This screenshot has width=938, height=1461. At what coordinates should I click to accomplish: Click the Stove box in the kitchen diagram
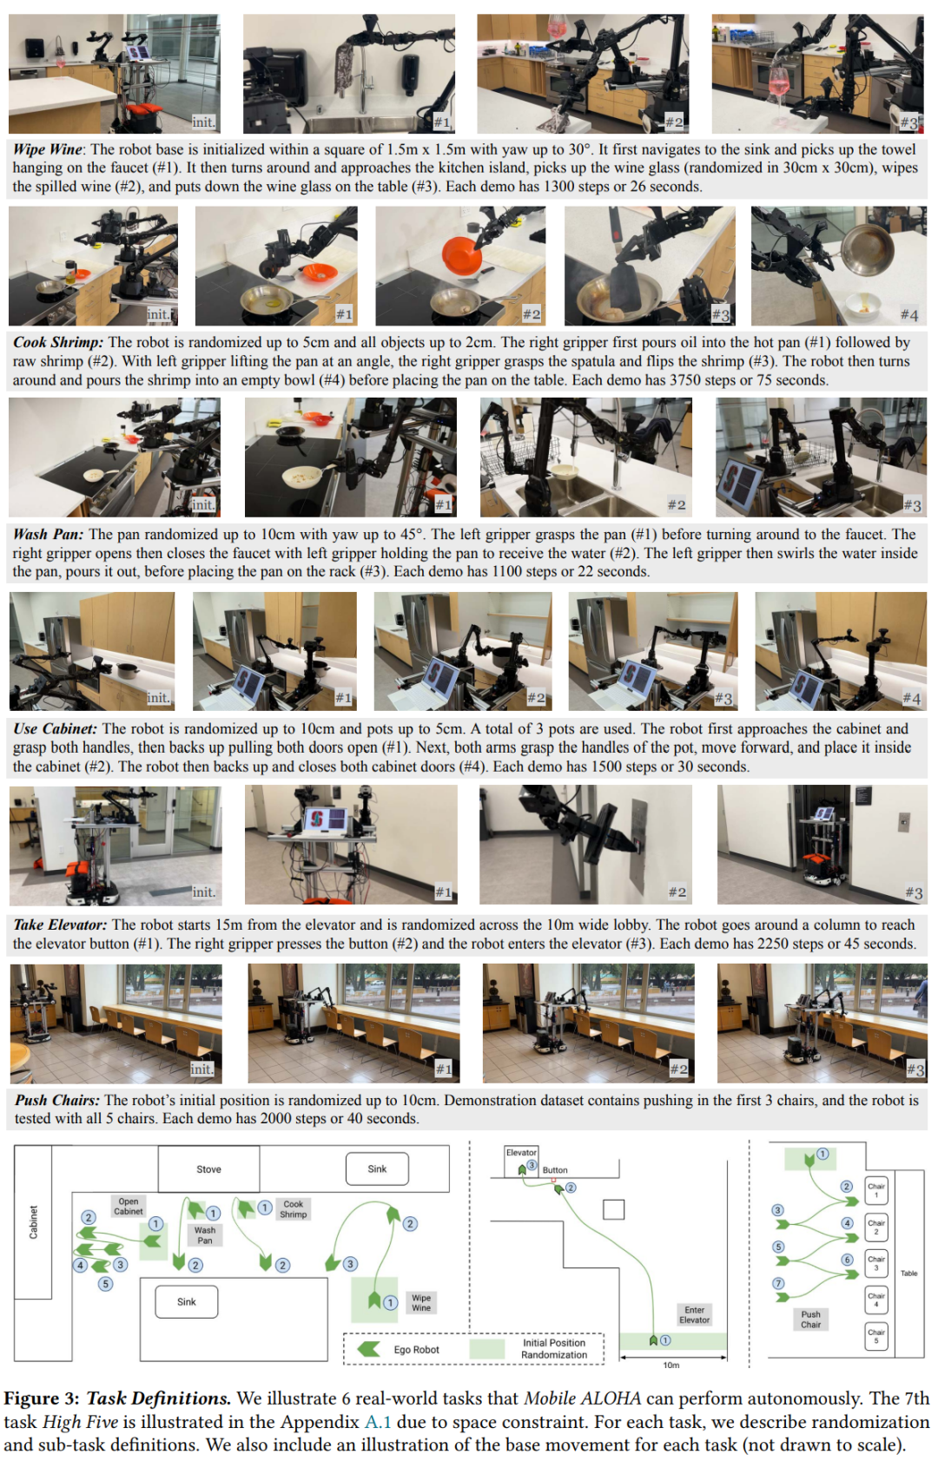coord(209,1169)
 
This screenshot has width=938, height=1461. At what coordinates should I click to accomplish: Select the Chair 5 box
coord(876,1335)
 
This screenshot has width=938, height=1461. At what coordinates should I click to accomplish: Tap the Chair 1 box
coord(876,1189)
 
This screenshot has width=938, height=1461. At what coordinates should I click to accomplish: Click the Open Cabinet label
coord(128,1206)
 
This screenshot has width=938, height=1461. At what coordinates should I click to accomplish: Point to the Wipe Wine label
coord(421,1302)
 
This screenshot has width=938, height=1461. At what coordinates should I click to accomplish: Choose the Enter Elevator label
coord(694,1314)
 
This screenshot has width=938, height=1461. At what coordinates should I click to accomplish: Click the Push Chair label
coord(810,1319)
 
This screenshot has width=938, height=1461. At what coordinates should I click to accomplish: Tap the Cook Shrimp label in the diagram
coord(293,1208)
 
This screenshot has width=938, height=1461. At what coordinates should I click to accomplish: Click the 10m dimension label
coord(671,1366)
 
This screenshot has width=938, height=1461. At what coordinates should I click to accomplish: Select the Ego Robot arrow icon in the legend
coord(369,1350)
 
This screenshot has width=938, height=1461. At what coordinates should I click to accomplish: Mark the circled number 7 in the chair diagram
coord(778,1283)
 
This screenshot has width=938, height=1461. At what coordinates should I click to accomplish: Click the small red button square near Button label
coord(553,1180)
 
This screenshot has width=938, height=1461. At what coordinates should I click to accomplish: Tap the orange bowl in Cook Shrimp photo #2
coord(462,256)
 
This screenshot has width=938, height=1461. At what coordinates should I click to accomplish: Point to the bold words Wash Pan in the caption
coord(49,534)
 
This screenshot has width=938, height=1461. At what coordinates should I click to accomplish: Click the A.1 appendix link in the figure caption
coord(378,1422)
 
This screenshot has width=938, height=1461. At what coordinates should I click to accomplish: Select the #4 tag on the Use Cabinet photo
coord(911,699)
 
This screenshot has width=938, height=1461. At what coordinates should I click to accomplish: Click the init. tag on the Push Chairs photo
coord(201,1069)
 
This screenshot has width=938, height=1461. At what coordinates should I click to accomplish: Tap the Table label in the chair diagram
coord(908,1273)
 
